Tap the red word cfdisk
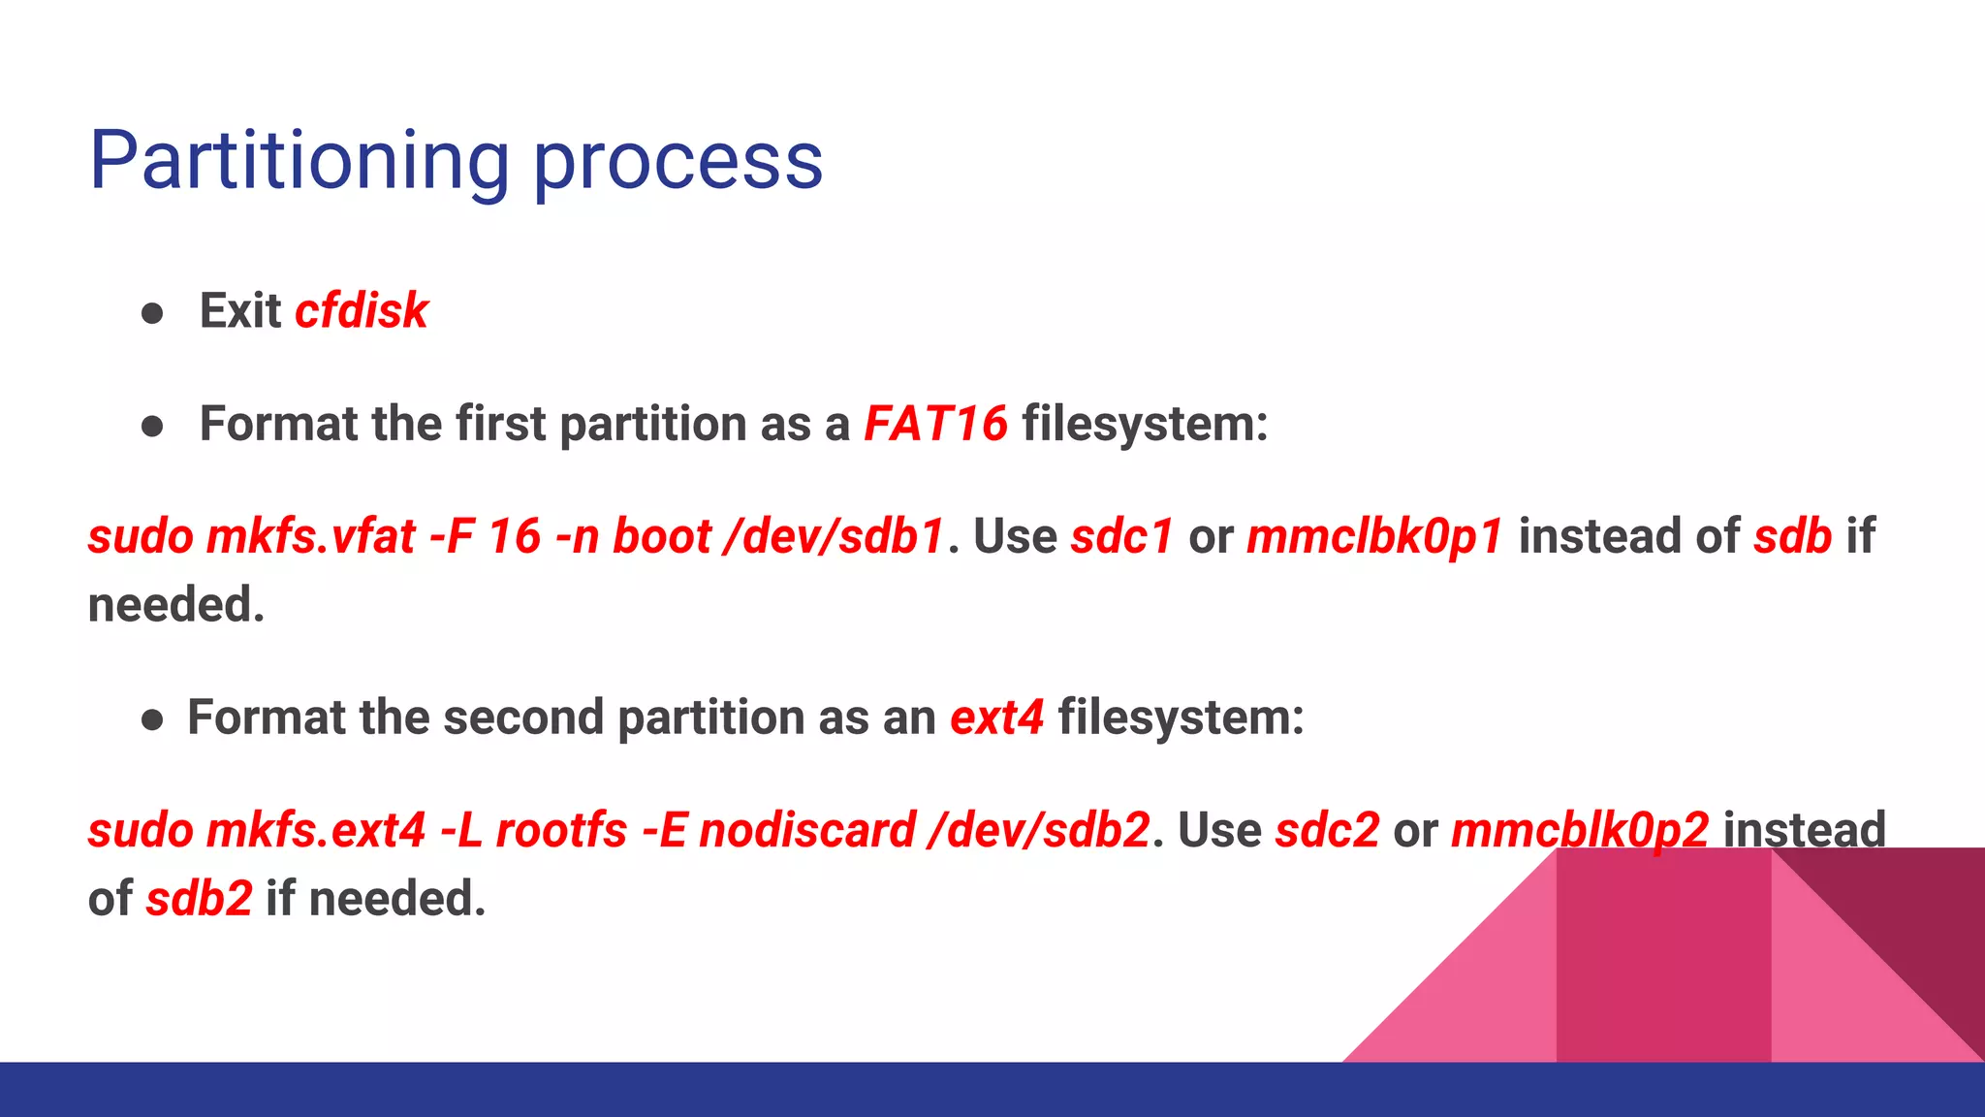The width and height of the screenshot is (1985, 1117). coord(361,311)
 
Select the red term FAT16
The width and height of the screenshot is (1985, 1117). coord(935,424)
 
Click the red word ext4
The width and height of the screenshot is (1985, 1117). coord(996,718)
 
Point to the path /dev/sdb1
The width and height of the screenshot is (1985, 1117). coord(834,536)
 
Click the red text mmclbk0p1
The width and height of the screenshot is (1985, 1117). coord(1374,536)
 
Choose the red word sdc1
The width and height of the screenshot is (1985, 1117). coord(1121,536)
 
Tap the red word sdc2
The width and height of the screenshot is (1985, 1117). coord(1326,830)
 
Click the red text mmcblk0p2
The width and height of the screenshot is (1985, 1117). coord(1579,830)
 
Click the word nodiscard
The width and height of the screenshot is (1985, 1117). coord(807,830)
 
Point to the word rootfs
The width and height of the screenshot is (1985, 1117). coord(561,830)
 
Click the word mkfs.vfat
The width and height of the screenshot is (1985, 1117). coord(310,536)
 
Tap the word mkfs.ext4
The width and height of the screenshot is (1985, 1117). coord(315,830)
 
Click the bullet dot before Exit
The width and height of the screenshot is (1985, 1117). coord(152,313)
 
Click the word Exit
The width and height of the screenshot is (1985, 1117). coord(239,311)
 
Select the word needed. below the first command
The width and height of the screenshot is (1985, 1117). coord(175,605)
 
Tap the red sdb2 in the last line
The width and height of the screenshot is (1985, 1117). coord(199,899)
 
